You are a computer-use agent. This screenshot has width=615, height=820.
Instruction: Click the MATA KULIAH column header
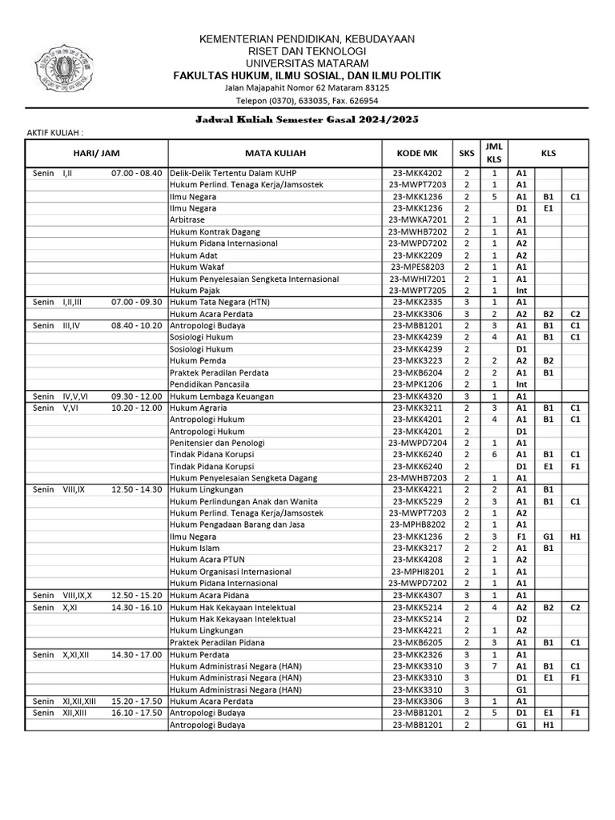click(275, 153)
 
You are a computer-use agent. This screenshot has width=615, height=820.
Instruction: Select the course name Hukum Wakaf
click(195, 267)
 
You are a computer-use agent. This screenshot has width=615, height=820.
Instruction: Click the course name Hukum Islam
click(192, 549)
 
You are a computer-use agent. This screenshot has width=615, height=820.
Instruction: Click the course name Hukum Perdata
click(197, 654)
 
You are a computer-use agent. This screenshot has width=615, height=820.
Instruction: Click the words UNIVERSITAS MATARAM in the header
click(307, 63)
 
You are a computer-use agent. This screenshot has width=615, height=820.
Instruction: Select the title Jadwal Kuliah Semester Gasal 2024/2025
click(307, 119)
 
